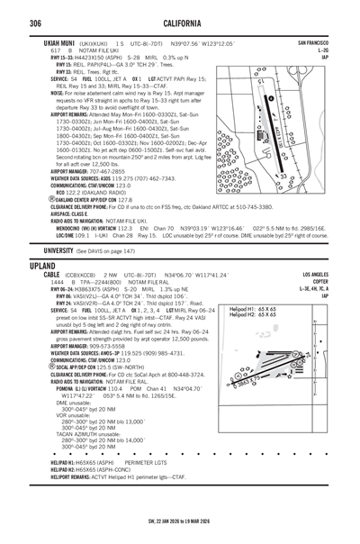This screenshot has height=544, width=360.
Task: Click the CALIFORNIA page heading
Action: [x=180, y=22]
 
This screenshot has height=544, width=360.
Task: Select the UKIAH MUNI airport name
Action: [x=37, y=43]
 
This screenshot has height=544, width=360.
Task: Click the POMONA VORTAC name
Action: [x=45, y=413]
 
